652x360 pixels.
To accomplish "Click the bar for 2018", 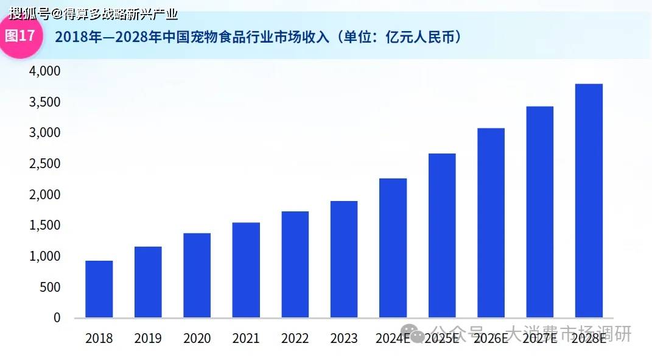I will pos(99,289).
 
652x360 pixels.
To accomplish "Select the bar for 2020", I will pos(197,275).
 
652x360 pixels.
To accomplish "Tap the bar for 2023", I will pos(343,259).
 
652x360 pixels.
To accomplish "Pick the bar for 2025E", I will pos(441,236).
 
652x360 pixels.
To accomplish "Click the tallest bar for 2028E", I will pos(589,201).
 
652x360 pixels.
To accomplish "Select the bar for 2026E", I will pos(491,223).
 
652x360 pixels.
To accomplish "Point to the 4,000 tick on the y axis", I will pos(45,71).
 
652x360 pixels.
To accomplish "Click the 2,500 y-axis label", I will pos(45,164).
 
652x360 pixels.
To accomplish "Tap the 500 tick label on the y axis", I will pos(49,287).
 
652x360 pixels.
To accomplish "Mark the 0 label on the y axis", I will pos(57,317).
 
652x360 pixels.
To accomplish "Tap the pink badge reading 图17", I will pos(20,36).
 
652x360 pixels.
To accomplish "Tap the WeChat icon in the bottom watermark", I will pos(417,334).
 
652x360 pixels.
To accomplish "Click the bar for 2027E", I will pos(540,212).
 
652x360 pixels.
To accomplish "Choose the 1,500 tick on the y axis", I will pos(45,225).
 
